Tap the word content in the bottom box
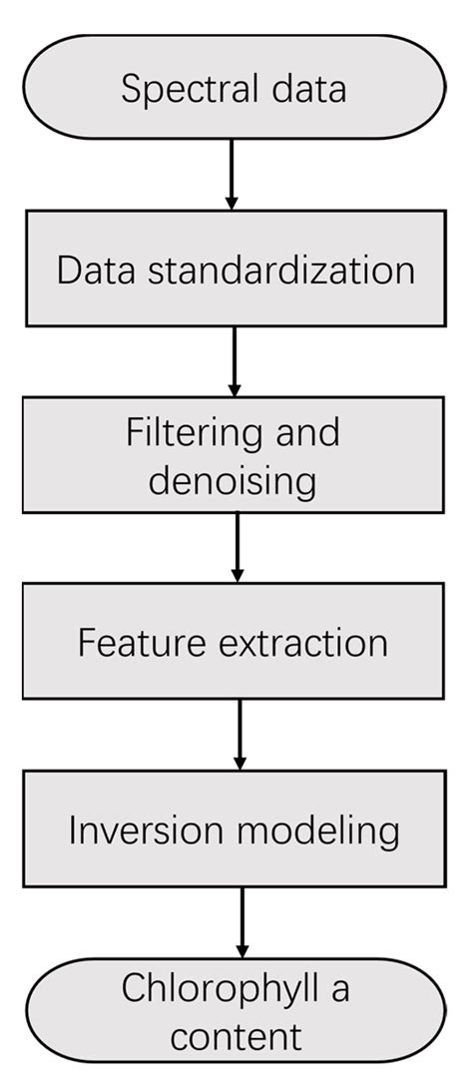(236, 1036)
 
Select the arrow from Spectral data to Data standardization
(232, 174)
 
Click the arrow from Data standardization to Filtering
(235, 360)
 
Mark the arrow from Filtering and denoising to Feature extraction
(237, 547)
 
